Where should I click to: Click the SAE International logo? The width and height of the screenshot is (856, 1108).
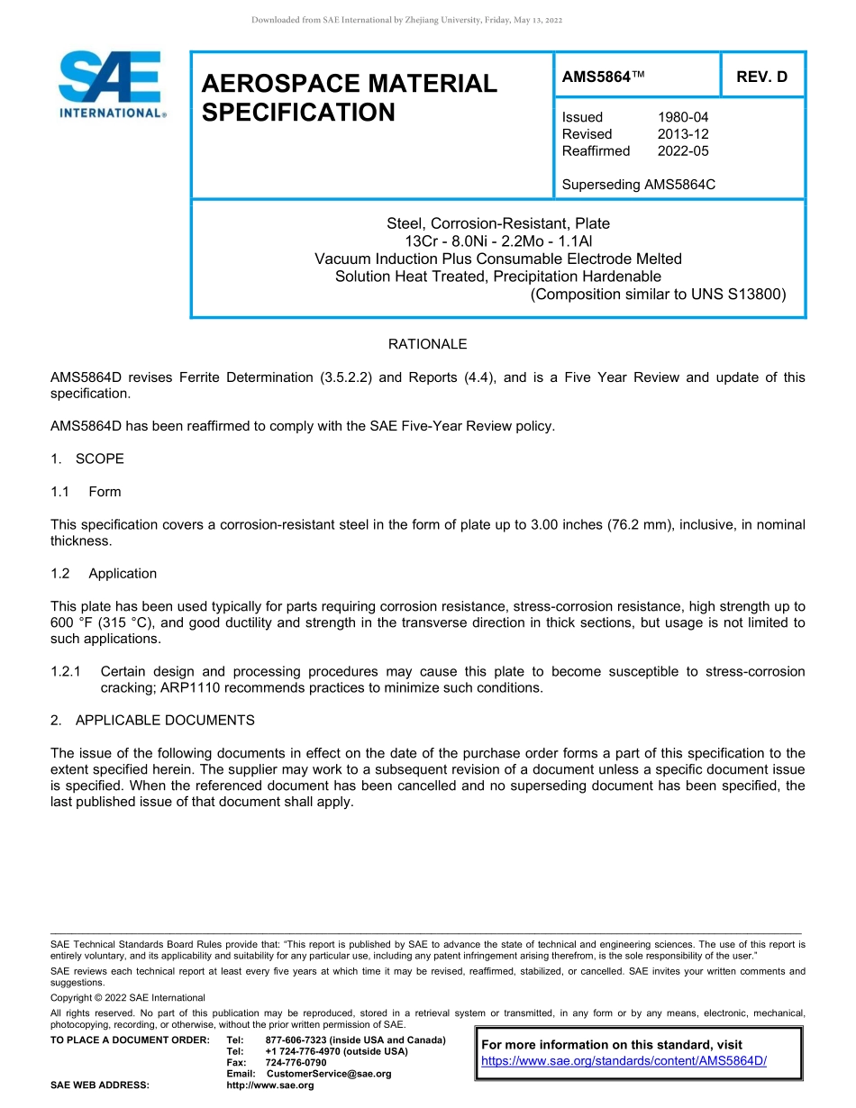[111, 85]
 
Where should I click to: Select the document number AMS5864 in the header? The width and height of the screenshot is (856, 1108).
[596, 77]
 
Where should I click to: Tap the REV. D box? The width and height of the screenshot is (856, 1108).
[761, 77]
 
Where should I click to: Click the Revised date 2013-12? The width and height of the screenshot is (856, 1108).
[683, 134]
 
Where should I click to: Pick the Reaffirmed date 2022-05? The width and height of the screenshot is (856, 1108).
[683, 150]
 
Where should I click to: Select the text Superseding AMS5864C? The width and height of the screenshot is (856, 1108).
[638, 185]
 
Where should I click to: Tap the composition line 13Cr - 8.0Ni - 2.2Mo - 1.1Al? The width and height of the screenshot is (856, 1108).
[497, 241]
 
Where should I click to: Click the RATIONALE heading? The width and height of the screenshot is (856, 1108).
[427, 344]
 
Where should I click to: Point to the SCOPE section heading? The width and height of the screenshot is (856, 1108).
[99, 459]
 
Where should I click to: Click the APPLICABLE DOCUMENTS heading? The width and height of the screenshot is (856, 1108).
[165, 721]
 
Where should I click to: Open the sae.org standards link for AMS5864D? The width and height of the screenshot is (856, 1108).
[624, 1061]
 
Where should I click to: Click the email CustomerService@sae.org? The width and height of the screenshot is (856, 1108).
[329, 1074]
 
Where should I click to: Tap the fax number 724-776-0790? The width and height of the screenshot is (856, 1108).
[296, 1063]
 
